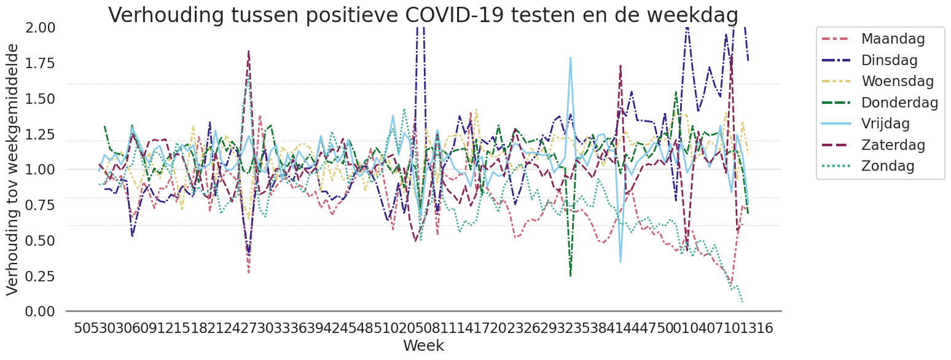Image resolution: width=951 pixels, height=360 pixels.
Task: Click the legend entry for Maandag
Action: point(892,39)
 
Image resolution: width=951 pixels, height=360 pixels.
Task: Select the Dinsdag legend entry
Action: point(889,60)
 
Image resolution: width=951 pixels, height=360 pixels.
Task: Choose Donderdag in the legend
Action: point(899,103)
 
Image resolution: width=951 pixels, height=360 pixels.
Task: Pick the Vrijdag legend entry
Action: point(885,123)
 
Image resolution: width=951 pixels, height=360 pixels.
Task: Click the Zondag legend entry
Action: point(888,166)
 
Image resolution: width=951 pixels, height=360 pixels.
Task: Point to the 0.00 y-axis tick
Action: point(40,311)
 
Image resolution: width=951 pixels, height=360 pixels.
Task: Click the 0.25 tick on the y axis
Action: point(40,276)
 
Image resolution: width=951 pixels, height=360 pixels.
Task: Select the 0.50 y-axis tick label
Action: point(40,240)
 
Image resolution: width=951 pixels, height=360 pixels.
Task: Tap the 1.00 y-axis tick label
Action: point(40,170)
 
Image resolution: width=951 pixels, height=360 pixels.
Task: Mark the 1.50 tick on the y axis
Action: point(40,98)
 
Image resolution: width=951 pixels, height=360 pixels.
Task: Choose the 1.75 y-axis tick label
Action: point(40,63)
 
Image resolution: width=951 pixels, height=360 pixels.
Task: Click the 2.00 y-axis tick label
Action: point(40,28)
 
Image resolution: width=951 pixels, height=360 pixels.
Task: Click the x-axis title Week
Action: point(423,345)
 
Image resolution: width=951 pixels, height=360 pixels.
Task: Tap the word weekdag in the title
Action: point(697,15)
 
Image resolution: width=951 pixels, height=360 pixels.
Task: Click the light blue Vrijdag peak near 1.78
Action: point(570,58)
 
